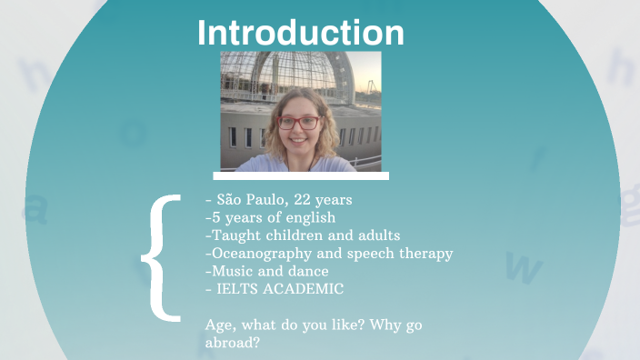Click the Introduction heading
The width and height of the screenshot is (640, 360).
point(301,33)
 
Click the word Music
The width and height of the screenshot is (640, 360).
point(229,271)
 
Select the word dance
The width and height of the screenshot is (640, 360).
point(309,271)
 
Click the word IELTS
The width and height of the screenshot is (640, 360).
point(238,289)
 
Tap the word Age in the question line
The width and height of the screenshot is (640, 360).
point(221,325)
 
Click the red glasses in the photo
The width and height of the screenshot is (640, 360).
point(298,122)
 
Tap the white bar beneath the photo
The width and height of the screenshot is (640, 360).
point(301,175)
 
